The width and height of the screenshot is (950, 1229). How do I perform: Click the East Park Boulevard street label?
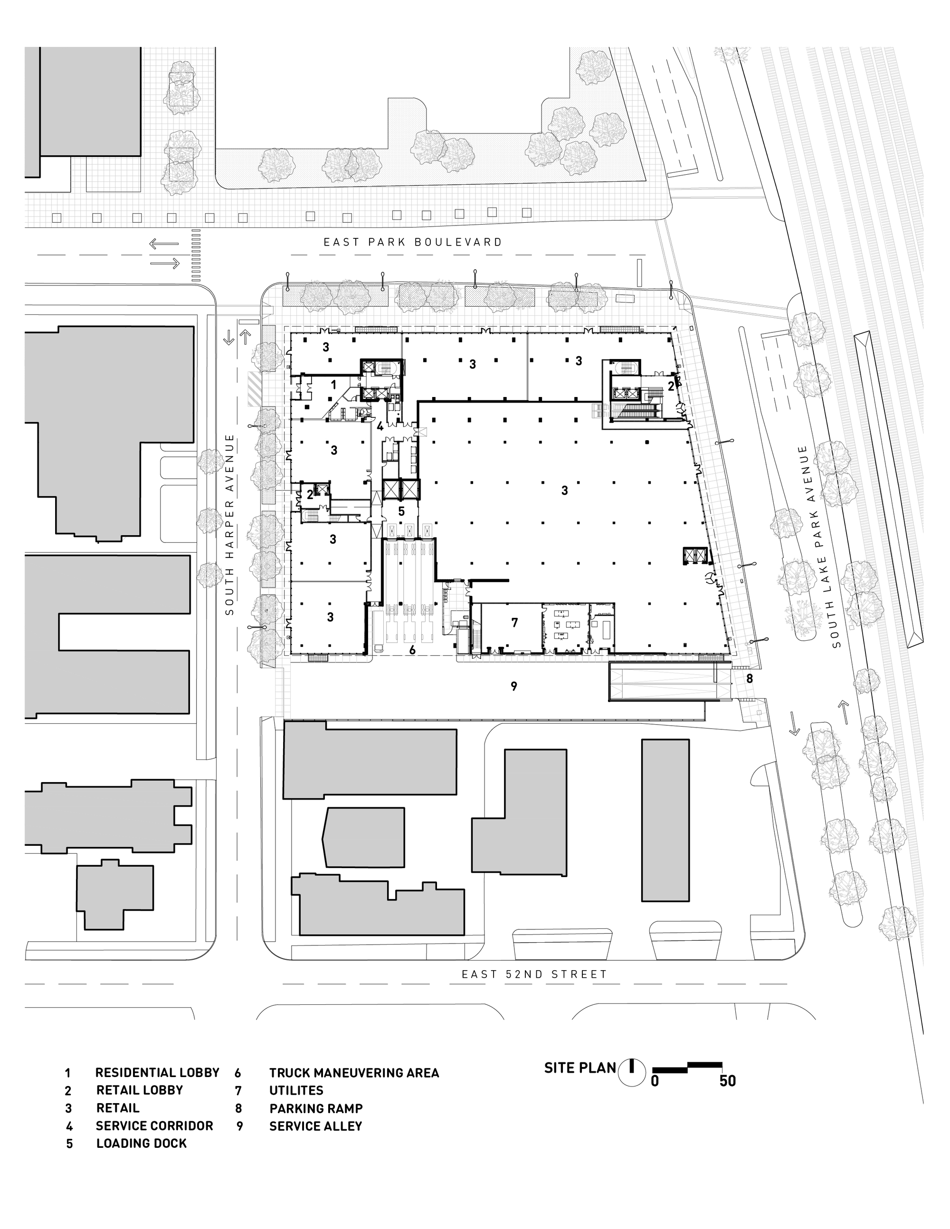click(412, 242)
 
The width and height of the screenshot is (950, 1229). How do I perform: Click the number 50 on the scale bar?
click(727, 1081)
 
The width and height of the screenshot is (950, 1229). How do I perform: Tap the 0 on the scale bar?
click(655, 1081)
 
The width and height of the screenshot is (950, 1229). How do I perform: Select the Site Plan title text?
click(579, 1068)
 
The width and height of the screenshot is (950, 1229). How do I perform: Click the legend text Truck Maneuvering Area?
click(354, 1073)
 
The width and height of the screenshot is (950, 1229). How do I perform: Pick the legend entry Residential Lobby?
click(157, 1073)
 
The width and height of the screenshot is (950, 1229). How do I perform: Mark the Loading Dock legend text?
click(141, 1144)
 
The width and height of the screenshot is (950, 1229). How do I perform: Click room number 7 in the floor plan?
click(514, 623)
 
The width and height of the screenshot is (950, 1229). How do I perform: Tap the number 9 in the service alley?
click(514, 686)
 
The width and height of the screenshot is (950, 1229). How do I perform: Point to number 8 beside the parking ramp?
click(750, 679)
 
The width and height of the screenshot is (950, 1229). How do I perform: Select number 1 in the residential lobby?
click(334, 386)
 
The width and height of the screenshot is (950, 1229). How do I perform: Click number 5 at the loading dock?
click(401, 511)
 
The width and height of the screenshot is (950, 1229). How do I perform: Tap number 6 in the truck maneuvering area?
click(412, 651)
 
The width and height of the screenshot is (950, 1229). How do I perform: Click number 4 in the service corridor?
click(380, 426)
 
